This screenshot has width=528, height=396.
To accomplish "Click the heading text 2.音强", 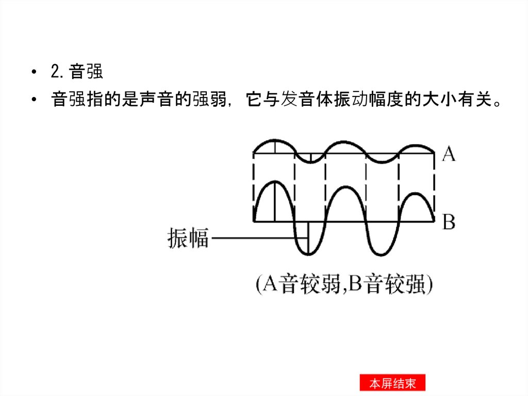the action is pos(77,72).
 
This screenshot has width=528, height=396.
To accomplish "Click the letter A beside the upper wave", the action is pos(449,153).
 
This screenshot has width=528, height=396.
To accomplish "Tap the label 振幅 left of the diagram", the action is pos(188,239).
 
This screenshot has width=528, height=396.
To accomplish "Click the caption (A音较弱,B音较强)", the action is pos(344,285).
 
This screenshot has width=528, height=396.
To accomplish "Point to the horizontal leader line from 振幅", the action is pos(258,239).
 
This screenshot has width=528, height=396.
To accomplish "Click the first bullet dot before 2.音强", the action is pos(34,72).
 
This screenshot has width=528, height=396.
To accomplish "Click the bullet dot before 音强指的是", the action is pos(34,100).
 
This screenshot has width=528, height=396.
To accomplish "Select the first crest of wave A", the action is pos(274,140).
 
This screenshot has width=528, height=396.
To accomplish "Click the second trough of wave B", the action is pos(382,254).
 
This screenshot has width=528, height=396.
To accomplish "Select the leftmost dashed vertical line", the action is pos(254,186).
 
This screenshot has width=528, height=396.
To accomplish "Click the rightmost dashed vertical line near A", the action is pos(434,186).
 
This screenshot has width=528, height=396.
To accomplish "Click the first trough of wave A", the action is pos(309,163).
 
